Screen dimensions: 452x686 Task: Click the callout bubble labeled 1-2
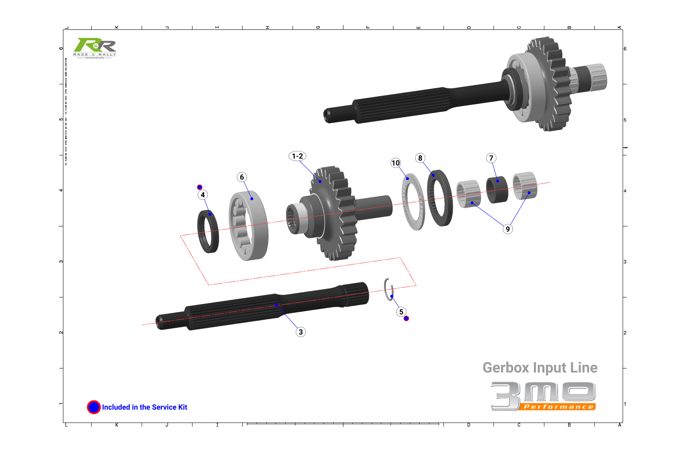(x=297, y=156)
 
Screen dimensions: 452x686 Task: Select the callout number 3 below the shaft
(x=301, y=332)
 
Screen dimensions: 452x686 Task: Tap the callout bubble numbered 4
(x=203, y=195)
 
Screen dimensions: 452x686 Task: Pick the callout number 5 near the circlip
(x=401, y=312)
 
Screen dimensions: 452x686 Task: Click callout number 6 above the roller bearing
(x=242, y=177)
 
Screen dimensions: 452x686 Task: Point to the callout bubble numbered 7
(x=491, y=158)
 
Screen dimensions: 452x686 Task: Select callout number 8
(x=420, y=158)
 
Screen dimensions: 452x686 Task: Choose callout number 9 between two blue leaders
(x=508, y=229)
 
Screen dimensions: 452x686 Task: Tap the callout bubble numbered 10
(x=395, y=163)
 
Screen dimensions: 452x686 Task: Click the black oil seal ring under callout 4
(x=208, y=232)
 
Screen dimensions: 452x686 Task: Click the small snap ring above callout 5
(x=389, y=289)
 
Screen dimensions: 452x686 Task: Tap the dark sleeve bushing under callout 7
(x=497, y=190)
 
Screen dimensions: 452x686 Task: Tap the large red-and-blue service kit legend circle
(x=94, y=407)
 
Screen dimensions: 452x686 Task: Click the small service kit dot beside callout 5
(x=406, y=318)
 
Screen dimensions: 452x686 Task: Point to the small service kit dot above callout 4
(x=200, y=187)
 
